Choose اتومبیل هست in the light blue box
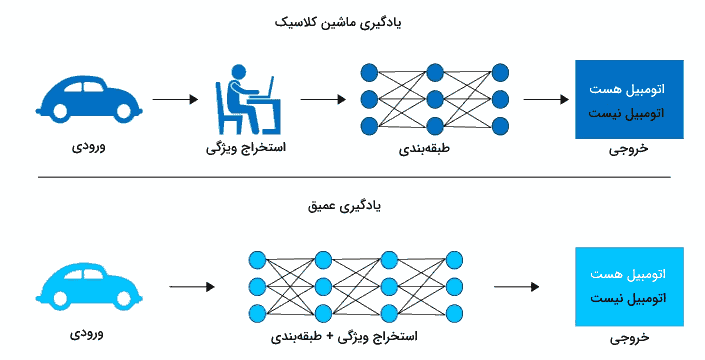629,274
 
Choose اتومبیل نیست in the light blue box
629,298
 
